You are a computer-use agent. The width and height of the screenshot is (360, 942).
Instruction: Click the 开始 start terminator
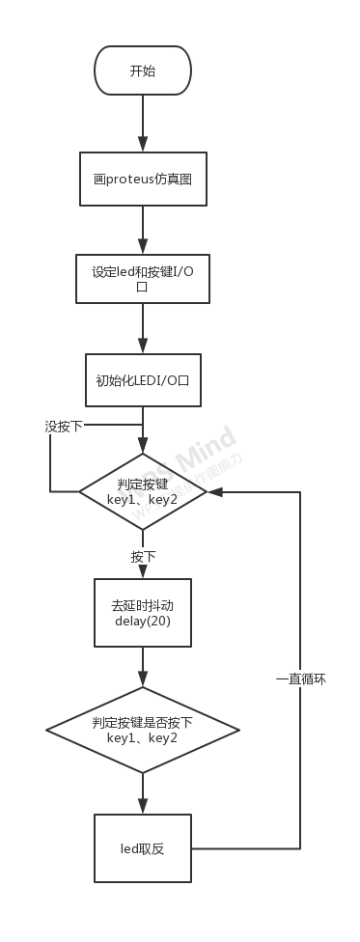tap(143, 70)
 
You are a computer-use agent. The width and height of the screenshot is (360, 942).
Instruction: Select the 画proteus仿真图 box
tap(143, 179)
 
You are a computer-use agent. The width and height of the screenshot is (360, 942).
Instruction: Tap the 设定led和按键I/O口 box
tap(143, 279)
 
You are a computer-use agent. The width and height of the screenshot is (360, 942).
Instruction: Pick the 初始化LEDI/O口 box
tap(143, 380)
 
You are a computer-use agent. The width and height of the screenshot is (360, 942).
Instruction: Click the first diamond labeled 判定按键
tap(143, 492)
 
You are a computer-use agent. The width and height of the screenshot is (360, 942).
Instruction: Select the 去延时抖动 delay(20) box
tap(143, 612)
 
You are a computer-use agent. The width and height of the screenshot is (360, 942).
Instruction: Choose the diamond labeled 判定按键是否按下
tap(143, 730)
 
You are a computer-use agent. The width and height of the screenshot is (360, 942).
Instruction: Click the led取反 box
tap(143, 848)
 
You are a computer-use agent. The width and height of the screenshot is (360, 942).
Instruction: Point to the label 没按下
tap(64, 426)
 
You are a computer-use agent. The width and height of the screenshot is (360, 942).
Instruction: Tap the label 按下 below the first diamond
tap(144, 557)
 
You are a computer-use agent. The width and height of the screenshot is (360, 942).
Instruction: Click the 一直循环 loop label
tap(301, 679)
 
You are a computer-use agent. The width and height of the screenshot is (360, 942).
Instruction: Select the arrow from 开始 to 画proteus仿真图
tap(143, 124)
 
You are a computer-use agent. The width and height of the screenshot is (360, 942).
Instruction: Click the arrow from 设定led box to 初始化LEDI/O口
tap(143, 329)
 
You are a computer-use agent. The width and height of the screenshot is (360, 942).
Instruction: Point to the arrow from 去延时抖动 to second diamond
tap(143, 667)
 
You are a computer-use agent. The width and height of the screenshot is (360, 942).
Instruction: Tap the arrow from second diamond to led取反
tap(143, 793)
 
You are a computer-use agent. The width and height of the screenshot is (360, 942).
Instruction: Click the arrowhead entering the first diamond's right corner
tap(214, 492)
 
